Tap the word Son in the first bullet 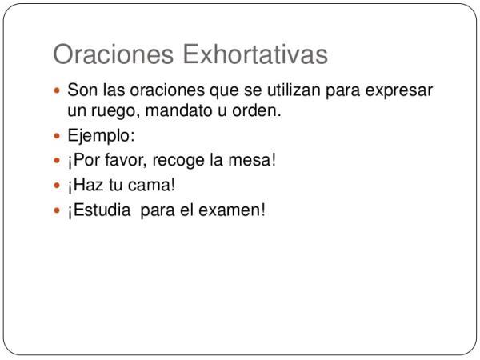(x=82, y=90)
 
